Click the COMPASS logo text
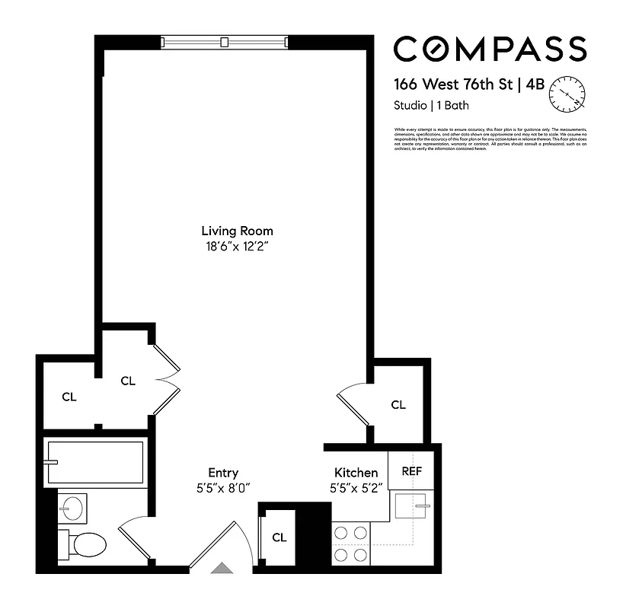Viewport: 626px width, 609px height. [490, 49]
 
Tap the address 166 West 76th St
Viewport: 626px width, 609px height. [452, 84]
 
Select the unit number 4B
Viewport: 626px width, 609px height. [534, 84]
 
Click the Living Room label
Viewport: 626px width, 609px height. [237, 231]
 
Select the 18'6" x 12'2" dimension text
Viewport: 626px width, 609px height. [237, 246]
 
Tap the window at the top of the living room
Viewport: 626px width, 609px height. [225, 41]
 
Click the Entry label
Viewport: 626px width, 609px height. [223, 473]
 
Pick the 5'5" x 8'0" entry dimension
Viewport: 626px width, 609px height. [223, 488]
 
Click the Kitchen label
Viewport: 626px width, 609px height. [356, 473]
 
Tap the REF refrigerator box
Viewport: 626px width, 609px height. [411, 471]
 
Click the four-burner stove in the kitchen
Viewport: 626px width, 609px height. [351, 545]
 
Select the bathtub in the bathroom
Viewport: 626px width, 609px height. [94, 463]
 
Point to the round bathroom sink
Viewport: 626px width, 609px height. [73, 507]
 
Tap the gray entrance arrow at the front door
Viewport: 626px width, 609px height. [222, 566]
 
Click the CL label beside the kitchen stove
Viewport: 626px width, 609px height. [279, 537]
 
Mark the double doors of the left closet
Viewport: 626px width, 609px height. [167, 379]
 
